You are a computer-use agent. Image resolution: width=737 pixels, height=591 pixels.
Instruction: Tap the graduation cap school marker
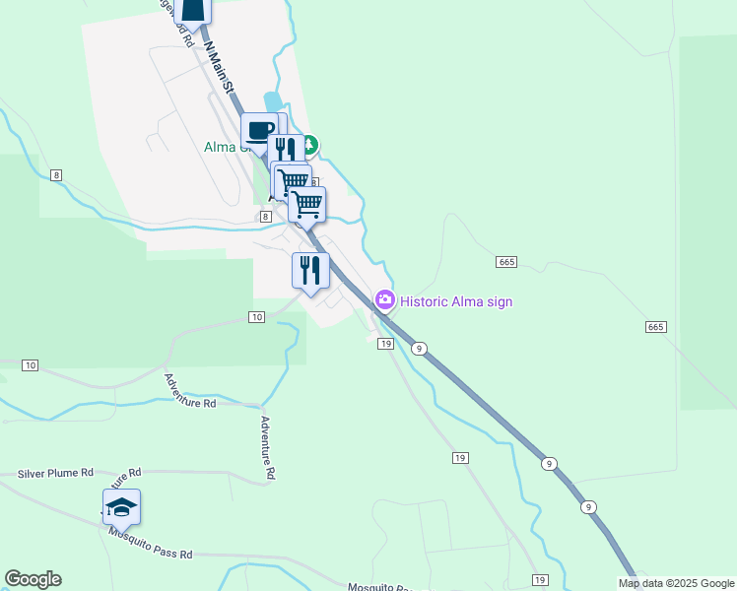point(121,507)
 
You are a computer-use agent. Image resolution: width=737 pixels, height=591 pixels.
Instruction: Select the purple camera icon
point(385,299)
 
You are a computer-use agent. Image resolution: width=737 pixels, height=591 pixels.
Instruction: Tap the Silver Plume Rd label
point(55,474)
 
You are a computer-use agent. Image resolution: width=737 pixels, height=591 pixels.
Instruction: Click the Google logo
point(33,579)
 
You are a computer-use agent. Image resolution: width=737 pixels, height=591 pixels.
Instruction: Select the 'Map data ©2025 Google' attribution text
point(677,583)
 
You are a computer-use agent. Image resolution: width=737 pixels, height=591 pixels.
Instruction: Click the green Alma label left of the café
point(221,147)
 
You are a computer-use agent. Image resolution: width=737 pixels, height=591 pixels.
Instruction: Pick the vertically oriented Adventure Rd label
point(266,447)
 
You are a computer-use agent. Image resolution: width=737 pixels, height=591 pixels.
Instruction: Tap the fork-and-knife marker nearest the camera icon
point(310,270)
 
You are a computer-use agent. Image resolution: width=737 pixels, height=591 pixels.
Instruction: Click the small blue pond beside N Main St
point(272,101)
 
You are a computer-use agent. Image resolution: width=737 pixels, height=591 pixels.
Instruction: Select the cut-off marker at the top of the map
point(194,10)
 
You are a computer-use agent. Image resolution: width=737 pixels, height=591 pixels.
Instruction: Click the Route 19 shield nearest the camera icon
point(385,344)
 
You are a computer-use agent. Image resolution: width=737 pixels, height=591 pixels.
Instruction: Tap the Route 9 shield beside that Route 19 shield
point(420,348)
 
